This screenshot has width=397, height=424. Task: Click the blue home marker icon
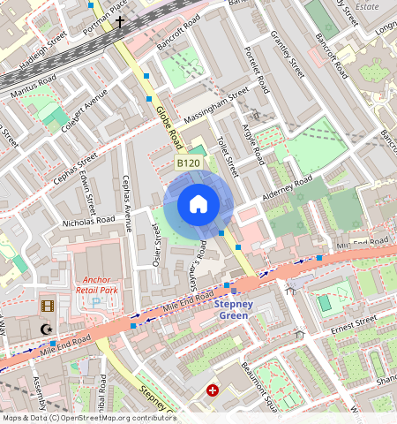(198, 204)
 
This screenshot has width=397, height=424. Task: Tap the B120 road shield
(188, 163)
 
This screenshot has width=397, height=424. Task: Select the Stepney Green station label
(235, 310)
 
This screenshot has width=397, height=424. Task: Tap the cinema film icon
(46, 307)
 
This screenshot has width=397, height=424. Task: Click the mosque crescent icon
(46, 329)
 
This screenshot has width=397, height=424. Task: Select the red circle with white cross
(212, 390)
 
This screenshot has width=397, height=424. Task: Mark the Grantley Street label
(288, 53)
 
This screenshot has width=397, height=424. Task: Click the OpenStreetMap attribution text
(88, 418)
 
